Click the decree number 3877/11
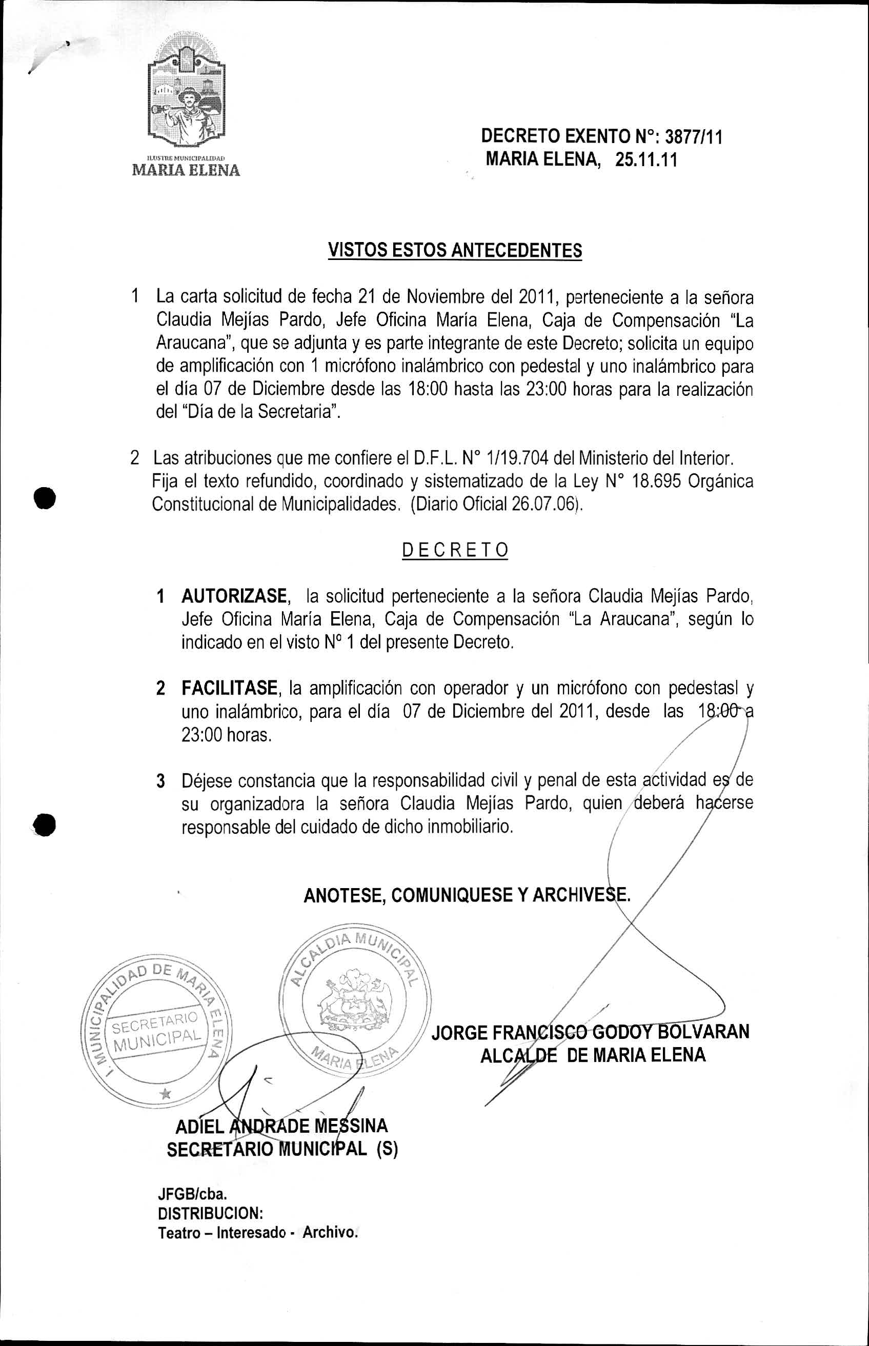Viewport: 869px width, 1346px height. click(x=694, y=136)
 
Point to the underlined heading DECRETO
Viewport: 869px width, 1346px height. click(x=455, y=550)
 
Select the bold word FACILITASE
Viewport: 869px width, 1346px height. click(x=230, y=689)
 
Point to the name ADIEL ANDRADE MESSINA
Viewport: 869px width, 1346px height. click(x=281, y=1127)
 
